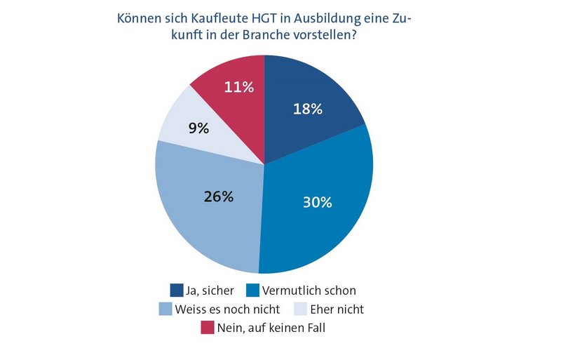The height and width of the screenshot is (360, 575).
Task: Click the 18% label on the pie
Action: point(307,109)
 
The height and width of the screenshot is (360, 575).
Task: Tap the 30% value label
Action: point(318,202)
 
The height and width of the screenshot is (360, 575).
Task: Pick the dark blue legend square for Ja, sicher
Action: point(177,290)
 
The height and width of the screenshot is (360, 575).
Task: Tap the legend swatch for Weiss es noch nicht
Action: point(165,309)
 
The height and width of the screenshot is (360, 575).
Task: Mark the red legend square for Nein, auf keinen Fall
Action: point(207,327)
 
